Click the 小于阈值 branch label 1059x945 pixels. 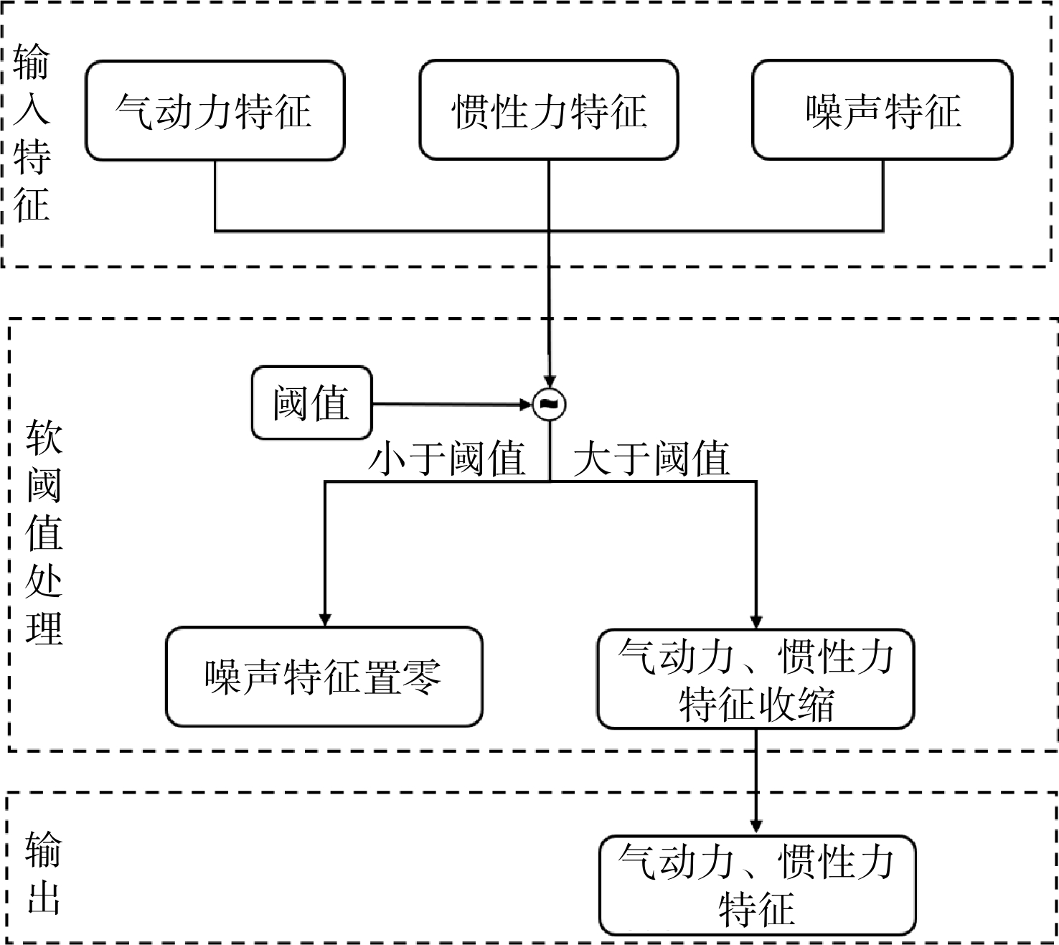(x=447, y=459)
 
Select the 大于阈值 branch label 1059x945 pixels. (x=651, y=459)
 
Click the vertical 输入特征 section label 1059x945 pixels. (x=32, y=133)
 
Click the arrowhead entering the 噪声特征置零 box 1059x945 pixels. (x=324, y=619)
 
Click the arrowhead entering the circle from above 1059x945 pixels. (x=549, y=381)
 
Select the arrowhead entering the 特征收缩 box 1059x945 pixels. (x=756, y=621)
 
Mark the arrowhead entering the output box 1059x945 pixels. (x=756, y=827)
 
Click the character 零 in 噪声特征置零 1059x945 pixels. (x=423, y=677)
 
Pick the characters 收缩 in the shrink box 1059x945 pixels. (x=796, y=704)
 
